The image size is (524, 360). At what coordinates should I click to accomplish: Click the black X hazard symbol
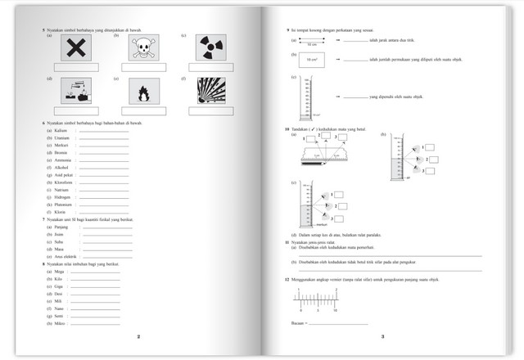[75, 50]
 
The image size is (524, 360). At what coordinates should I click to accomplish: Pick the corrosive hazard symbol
[75, 92]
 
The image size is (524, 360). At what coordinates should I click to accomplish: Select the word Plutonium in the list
[64, 205]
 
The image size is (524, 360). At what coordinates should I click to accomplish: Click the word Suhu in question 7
[60, 242]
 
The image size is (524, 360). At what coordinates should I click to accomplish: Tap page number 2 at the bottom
[138, 336]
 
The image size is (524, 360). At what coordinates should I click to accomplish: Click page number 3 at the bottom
[382, 336]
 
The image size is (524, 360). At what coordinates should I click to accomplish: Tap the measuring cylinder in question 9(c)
[306, 98]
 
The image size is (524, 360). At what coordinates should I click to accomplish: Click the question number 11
[287, 243]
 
